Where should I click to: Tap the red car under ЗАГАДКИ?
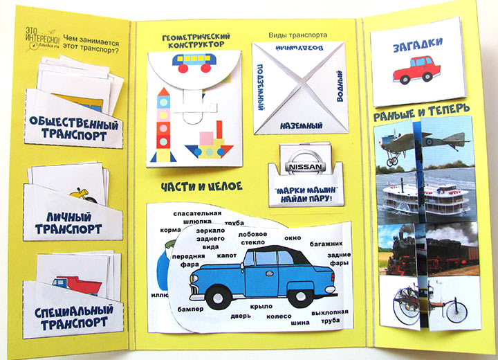[416, 70]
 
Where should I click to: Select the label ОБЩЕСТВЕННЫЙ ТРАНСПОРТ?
[73, 127]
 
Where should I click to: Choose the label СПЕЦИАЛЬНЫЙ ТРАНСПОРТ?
[72, 315]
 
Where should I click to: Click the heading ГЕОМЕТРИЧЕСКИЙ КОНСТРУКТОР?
[193, 40]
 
